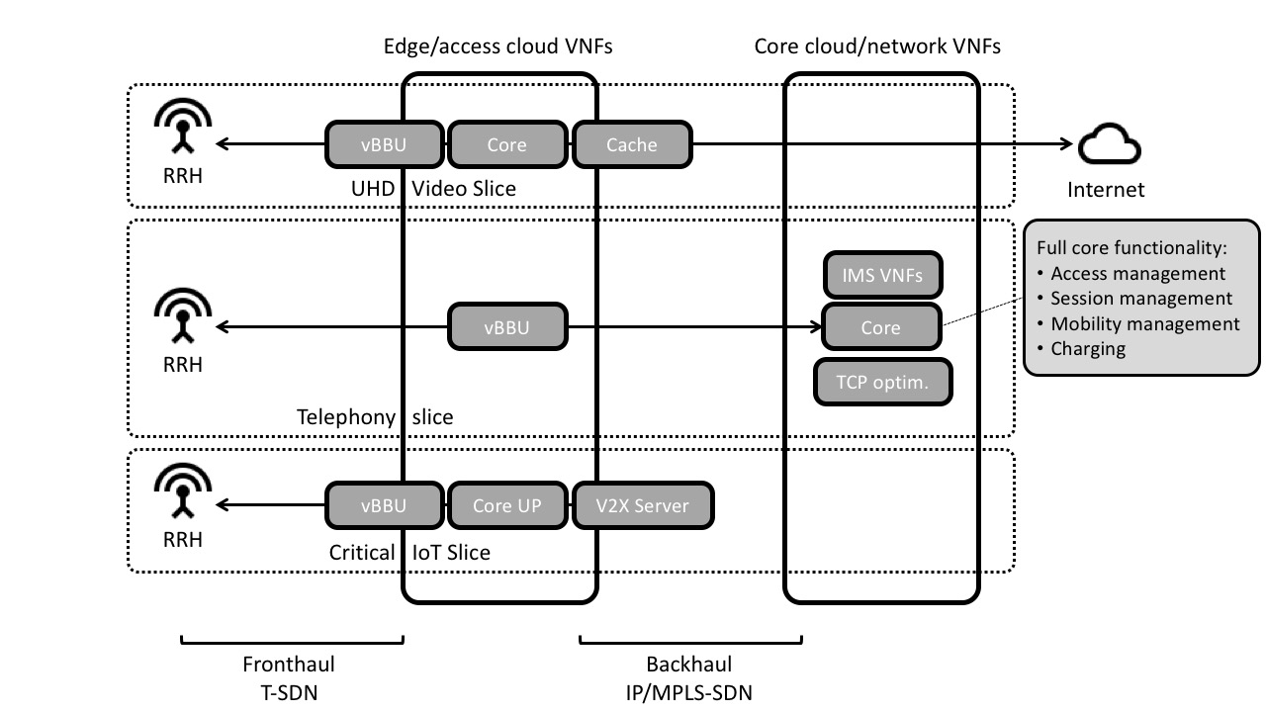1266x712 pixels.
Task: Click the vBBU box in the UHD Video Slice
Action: point(384,145)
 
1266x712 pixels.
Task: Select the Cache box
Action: point(631,145)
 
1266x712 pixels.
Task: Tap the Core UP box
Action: point(506,505)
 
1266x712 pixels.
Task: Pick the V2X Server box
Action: point(642,505)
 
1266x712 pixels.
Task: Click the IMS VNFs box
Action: point(882,275)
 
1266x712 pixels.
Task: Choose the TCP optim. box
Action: point(882,382)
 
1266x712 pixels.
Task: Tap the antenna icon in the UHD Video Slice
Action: point(183,130)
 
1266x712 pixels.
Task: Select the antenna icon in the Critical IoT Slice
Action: point(183,491)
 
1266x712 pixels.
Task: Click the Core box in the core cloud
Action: point(880,327)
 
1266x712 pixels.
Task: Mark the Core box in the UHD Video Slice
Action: point(506,145)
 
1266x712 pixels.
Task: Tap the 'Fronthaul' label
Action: point(289,665)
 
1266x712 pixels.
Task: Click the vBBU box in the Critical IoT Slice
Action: point(384,505)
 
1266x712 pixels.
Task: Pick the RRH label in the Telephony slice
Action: point(183,365)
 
